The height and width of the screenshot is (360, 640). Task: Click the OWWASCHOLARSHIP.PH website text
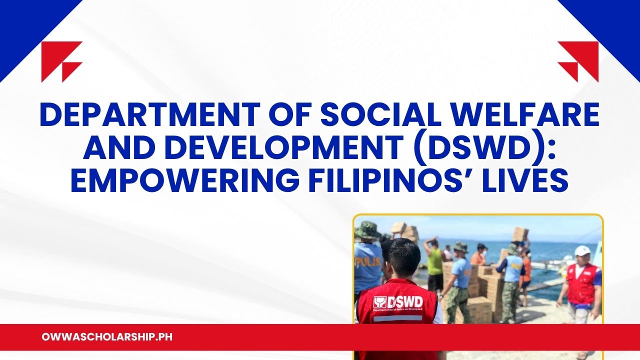[107, 337]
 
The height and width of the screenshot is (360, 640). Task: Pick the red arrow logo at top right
[578, 61]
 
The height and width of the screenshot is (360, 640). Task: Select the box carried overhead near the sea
[520, 233]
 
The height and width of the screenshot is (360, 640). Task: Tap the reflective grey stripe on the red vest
[397, 318]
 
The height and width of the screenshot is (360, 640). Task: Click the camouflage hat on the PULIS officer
[368, 230]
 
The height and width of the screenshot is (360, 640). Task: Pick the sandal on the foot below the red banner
[582, 355]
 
